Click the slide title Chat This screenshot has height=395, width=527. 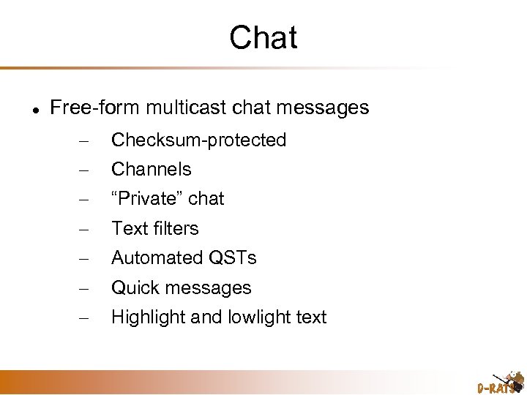click(263, 37)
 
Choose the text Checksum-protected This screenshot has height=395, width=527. click(198, 140)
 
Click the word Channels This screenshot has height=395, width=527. click(151, 170)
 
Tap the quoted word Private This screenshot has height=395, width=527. click(146, 199)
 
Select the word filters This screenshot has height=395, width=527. click(176, 228)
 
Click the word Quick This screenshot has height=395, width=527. click(134, 288)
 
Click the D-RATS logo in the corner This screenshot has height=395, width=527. click(500, 381)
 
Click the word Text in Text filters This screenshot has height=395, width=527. click(130, 228)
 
